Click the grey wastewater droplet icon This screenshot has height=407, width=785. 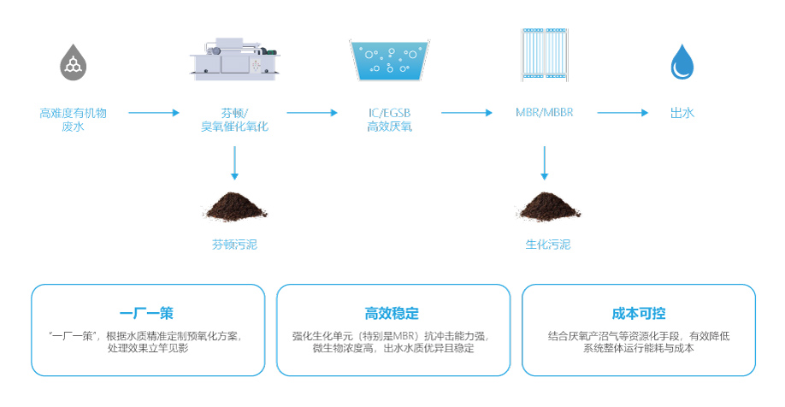(74, 61)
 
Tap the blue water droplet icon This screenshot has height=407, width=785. (682, 62)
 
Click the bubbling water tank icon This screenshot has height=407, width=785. (389, 60)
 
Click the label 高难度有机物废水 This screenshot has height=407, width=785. (85, 120)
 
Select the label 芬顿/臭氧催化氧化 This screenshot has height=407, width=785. (234, 120)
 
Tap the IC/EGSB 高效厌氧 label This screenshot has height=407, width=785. (389, 120)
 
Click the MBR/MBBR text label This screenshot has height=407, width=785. (545, 112)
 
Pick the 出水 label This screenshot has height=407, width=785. (682, 112)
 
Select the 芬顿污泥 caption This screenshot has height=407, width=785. (234, 245)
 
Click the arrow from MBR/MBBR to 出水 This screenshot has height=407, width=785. (623, 112)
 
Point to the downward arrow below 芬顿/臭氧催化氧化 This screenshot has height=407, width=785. (234, 162)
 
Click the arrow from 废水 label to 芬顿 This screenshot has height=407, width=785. (154, 112)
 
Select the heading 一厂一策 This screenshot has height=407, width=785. (147, 313)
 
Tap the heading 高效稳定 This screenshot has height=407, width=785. (392, 313)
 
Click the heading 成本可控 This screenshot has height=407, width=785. (638, 313)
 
